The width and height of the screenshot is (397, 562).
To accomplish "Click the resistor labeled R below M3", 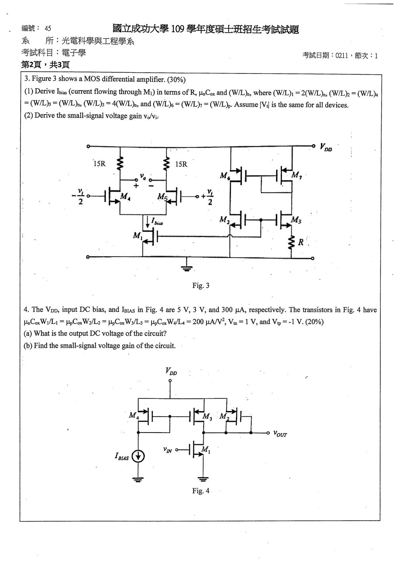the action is (291, 242).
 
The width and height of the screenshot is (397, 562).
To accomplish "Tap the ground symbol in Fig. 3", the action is (187, 268).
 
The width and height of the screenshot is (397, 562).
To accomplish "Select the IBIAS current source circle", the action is (138, 456).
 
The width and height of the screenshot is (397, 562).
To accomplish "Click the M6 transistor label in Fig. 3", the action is (224, 176).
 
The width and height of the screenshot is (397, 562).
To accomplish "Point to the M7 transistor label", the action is (297, 175).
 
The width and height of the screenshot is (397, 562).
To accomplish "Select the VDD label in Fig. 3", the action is (326, 147).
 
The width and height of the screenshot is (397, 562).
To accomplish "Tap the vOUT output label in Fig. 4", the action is (280, 433).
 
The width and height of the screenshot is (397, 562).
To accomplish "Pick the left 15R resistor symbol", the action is (120, 163).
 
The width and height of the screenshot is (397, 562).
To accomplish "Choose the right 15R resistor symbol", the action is (166, 163).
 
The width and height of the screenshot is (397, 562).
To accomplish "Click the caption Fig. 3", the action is (200, 285).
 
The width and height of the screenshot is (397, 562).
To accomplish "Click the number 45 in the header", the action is (48, 28).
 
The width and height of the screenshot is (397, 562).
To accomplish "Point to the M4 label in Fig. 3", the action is (125, 196).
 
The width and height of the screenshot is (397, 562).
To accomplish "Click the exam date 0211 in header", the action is (341, 56).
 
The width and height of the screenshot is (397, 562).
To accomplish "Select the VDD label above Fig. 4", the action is (171, 371).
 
